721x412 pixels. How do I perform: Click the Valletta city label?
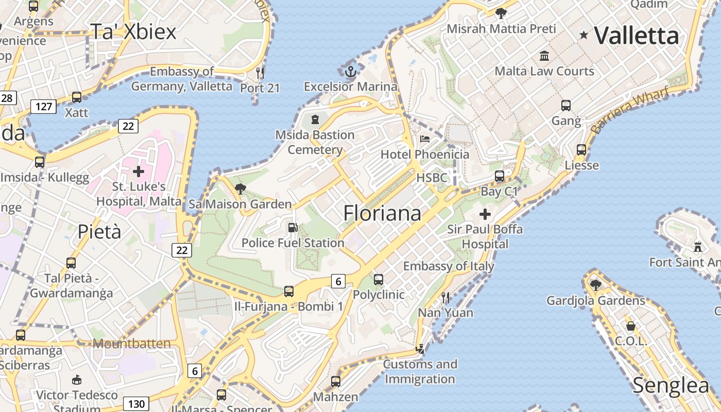pos(637,36)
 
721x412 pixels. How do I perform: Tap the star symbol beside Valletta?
pos(584,35)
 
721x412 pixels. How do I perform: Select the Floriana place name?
pos(382,213)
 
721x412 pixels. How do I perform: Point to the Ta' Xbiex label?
pos(133,31)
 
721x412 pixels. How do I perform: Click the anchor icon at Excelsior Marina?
pos(351,72)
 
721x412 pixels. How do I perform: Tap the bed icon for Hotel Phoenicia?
pos(425,139)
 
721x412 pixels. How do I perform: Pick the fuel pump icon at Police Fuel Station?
pos(293,227)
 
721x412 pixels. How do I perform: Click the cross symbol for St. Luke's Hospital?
pos(139,171)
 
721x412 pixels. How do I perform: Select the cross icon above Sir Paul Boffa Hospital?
pos(485,214)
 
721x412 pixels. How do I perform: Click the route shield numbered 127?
pos(43,107)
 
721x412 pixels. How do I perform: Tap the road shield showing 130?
pos(136,403)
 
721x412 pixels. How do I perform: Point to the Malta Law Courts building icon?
pos(544,56)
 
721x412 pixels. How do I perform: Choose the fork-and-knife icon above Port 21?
pos(260,73)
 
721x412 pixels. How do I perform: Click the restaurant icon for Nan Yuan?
pos(445,297)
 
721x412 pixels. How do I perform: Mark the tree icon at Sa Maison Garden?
pos(240,188)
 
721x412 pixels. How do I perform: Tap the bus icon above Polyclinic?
pos(379,280)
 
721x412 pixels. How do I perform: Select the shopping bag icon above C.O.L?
pos(631,326)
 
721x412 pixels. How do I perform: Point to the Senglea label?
pos(671,385)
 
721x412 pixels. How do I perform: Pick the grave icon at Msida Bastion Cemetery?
pos(315,120)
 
